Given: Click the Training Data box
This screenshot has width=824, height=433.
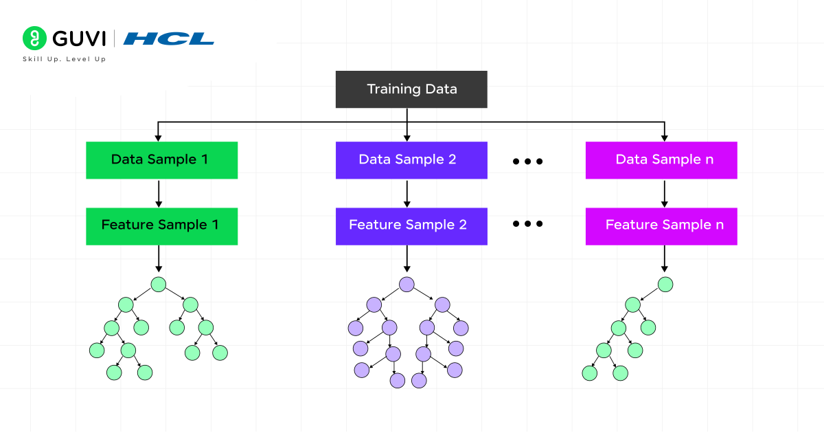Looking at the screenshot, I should click(411, 89).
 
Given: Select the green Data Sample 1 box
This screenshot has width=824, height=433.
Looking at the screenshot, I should click(161, 160).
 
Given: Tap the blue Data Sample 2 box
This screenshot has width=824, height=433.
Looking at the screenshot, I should click(411, 160).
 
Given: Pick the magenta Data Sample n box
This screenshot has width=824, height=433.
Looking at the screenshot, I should click(661, 160).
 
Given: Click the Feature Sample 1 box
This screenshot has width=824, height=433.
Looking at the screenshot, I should click(161, 226).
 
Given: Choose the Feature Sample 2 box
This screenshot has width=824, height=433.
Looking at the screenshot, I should click(411, 226).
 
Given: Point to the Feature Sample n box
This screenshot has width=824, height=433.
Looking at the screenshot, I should click(661, 226).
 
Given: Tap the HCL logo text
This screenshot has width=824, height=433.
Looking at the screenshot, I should click(169, 38).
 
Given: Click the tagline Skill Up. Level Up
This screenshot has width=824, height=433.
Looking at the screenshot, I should click(64, 59).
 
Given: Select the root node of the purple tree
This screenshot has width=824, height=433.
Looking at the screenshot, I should click(407, 285).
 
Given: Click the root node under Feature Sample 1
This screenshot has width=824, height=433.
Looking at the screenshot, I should click(159, 284).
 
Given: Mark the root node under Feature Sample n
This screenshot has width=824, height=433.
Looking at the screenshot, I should click(665, 284).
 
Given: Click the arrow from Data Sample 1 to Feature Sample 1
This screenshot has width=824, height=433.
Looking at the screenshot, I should click(159, 193).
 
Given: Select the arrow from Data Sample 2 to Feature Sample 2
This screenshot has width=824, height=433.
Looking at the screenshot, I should click(407, 193).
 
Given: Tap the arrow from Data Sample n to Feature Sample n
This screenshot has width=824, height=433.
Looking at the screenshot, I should click(664, 193).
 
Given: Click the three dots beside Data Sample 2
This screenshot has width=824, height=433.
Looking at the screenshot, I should click(528, 162).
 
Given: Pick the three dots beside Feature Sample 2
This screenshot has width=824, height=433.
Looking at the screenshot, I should click(528, 224).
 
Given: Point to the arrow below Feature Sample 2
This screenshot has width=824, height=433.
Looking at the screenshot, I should click(407, 258).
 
